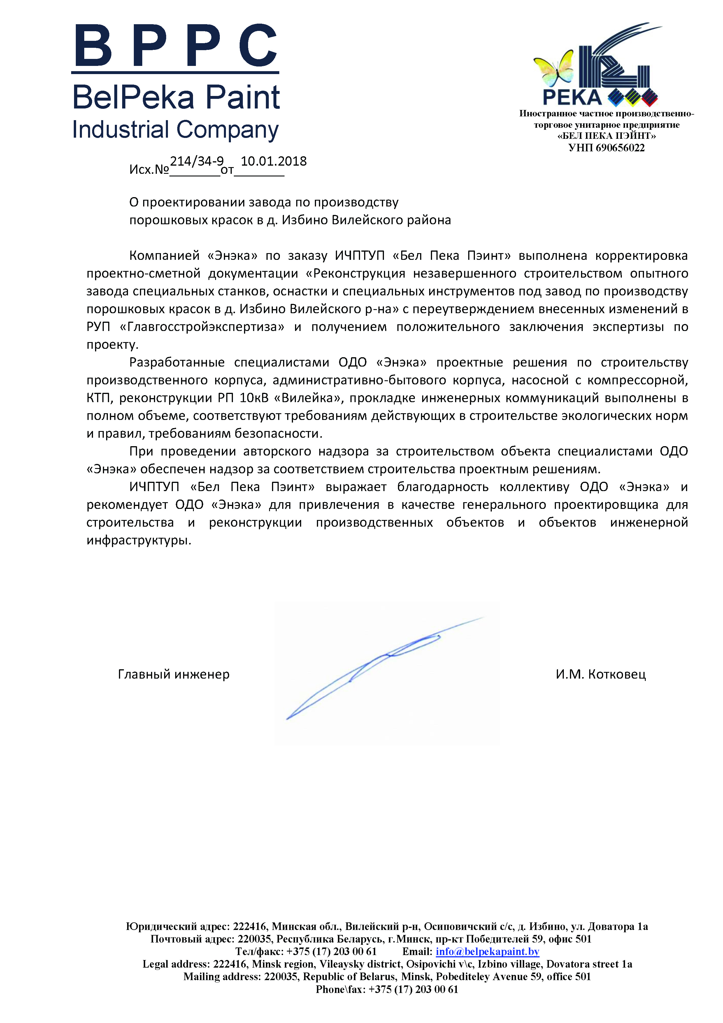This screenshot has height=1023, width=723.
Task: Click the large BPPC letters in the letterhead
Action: [175, 46]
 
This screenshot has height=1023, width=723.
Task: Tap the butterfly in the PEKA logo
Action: [553, 69]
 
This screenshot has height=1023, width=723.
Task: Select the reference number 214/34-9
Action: [196, 161]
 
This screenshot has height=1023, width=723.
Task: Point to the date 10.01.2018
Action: [273, 161]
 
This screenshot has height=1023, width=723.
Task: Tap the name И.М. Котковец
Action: [601, 675]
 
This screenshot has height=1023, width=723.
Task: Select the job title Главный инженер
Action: [174, 675]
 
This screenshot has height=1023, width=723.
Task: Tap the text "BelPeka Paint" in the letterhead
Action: [176, 98]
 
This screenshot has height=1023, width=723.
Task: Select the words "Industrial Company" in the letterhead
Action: [175, 130]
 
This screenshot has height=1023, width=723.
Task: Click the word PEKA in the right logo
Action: [572, 98]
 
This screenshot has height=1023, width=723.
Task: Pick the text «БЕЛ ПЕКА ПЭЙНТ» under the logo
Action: [606, 136]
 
